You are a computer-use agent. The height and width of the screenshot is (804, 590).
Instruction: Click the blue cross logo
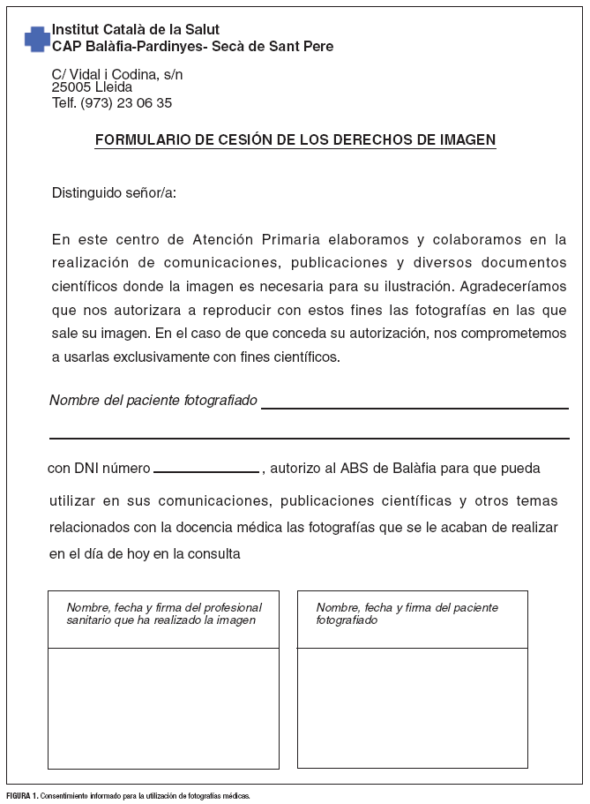click(37, 38)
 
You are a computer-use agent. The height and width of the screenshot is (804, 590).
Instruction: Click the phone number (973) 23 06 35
click(126, 103)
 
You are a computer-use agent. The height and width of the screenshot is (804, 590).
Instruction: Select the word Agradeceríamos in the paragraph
click(516, 287)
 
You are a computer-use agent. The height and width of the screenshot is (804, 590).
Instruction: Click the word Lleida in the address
click(113, 87)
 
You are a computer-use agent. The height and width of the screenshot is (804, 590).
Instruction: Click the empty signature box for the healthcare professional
click(163, 707)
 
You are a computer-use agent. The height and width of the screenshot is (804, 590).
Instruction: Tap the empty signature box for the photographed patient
click(412, 707)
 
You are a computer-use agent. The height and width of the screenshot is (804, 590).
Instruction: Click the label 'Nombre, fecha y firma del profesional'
click(164, 607)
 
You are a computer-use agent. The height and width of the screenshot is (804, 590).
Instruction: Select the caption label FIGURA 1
click(22, 795)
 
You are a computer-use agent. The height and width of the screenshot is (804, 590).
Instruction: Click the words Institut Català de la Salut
click(136, 30)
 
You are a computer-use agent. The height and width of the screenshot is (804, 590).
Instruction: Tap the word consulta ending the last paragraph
click(214, 554)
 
